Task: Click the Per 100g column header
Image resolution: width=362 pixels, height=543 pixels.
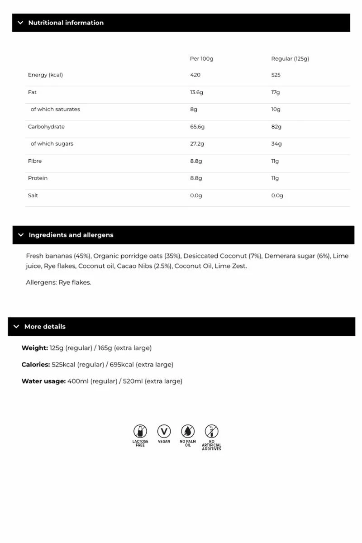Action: pos(201,59)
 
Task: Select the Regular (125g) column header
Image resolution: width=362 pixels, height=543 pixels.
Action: pos(290,59)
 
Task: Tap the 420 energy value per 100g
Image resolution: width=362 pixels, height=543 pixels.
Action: pos(195,75)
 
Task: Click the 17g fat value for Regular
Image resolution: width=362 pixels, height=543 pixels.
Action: pos(276,92)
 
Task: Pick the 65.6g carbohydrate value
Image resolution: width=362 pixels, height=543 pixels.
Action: pos(197,127)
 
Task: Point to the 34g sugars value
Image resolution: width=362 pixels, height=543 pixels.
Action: pos(276,144)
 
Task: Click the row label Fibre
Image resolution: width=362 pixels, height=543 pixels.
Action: pos(35,161)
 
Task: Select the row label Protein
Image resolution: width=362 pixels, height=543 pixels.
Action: pos(38,178)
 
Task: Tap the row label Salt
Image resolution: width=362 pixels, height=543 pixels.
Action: pos(33,195)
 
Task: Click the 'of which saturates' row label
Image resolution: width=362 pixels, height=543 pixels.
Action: pos(55,110)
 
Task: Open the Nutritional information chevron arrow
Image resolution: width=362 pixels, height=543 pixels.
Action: pos(20,23)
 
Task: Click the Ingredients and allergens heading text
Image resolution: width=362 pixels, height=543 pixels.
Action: pos(71,235)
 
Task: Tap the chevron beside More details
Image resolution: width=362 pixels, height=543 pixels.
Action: pos(16,327)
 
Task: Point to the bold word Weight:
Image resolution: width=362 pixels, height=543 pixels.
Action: pos(34,348)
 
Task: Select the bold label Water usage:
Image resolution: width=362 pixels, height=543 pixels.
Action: pos(43,381)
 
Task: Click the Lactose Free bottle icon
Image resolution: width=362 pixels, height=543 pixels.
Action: pos(140,431)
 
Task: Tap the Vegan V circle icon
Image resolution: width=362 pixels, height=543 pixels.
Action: pos(164,431)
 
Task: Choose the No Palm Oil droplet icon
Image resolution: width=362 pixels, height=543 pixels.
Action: pos(188,431)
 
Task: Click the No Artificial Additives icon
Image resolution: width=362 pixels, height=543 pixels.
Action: pos(211,431)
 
